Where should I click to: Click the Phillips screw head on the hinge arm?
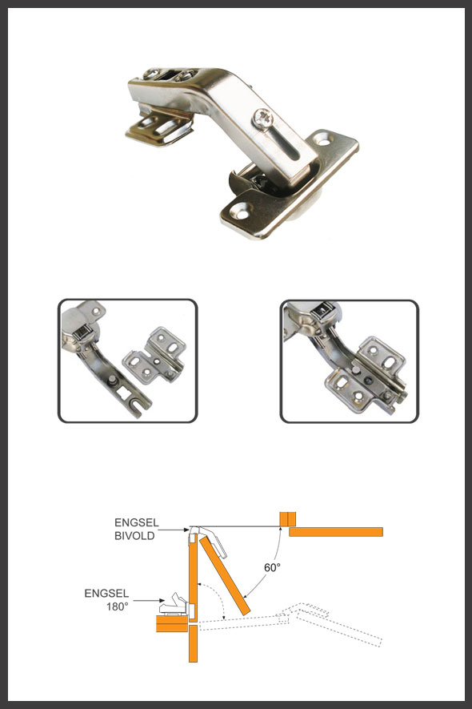pyautogui.click(x=264, y=119)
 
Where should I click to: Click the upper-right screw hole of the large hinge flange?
pyautogui.click(x=323, y=139)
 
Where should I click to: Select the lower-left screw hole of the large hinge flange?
pyautogui.click(x=242, y=211)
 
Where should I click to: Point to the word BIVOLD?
pyautogui.click(x=134, y=536)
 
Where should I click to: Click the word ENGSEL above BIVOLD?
pyautogui.click(x=137, y=522)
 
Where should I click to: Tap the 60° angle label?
pyautogui.click(x=272, y=567)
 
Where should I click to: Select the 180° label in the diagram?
pyautogui.click(x=118, y=606)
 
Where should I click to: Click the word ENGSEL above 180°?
pyautogui.click(x=106, y=594)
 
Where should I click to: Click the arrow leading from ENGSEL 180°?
pyautogui.click(x=150, y=601)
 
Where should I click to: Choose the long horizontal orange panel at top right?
pyautogui.click(x=336, y=532)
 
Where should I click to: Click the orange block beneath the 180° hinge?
pyautogui.click(x=172, y=623)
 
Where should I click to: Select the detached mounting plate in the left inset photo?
pyautogui.click(x=155, y=356)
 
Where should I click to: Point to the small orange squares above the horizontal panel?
pyautogui.click(x=288, y=519)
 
